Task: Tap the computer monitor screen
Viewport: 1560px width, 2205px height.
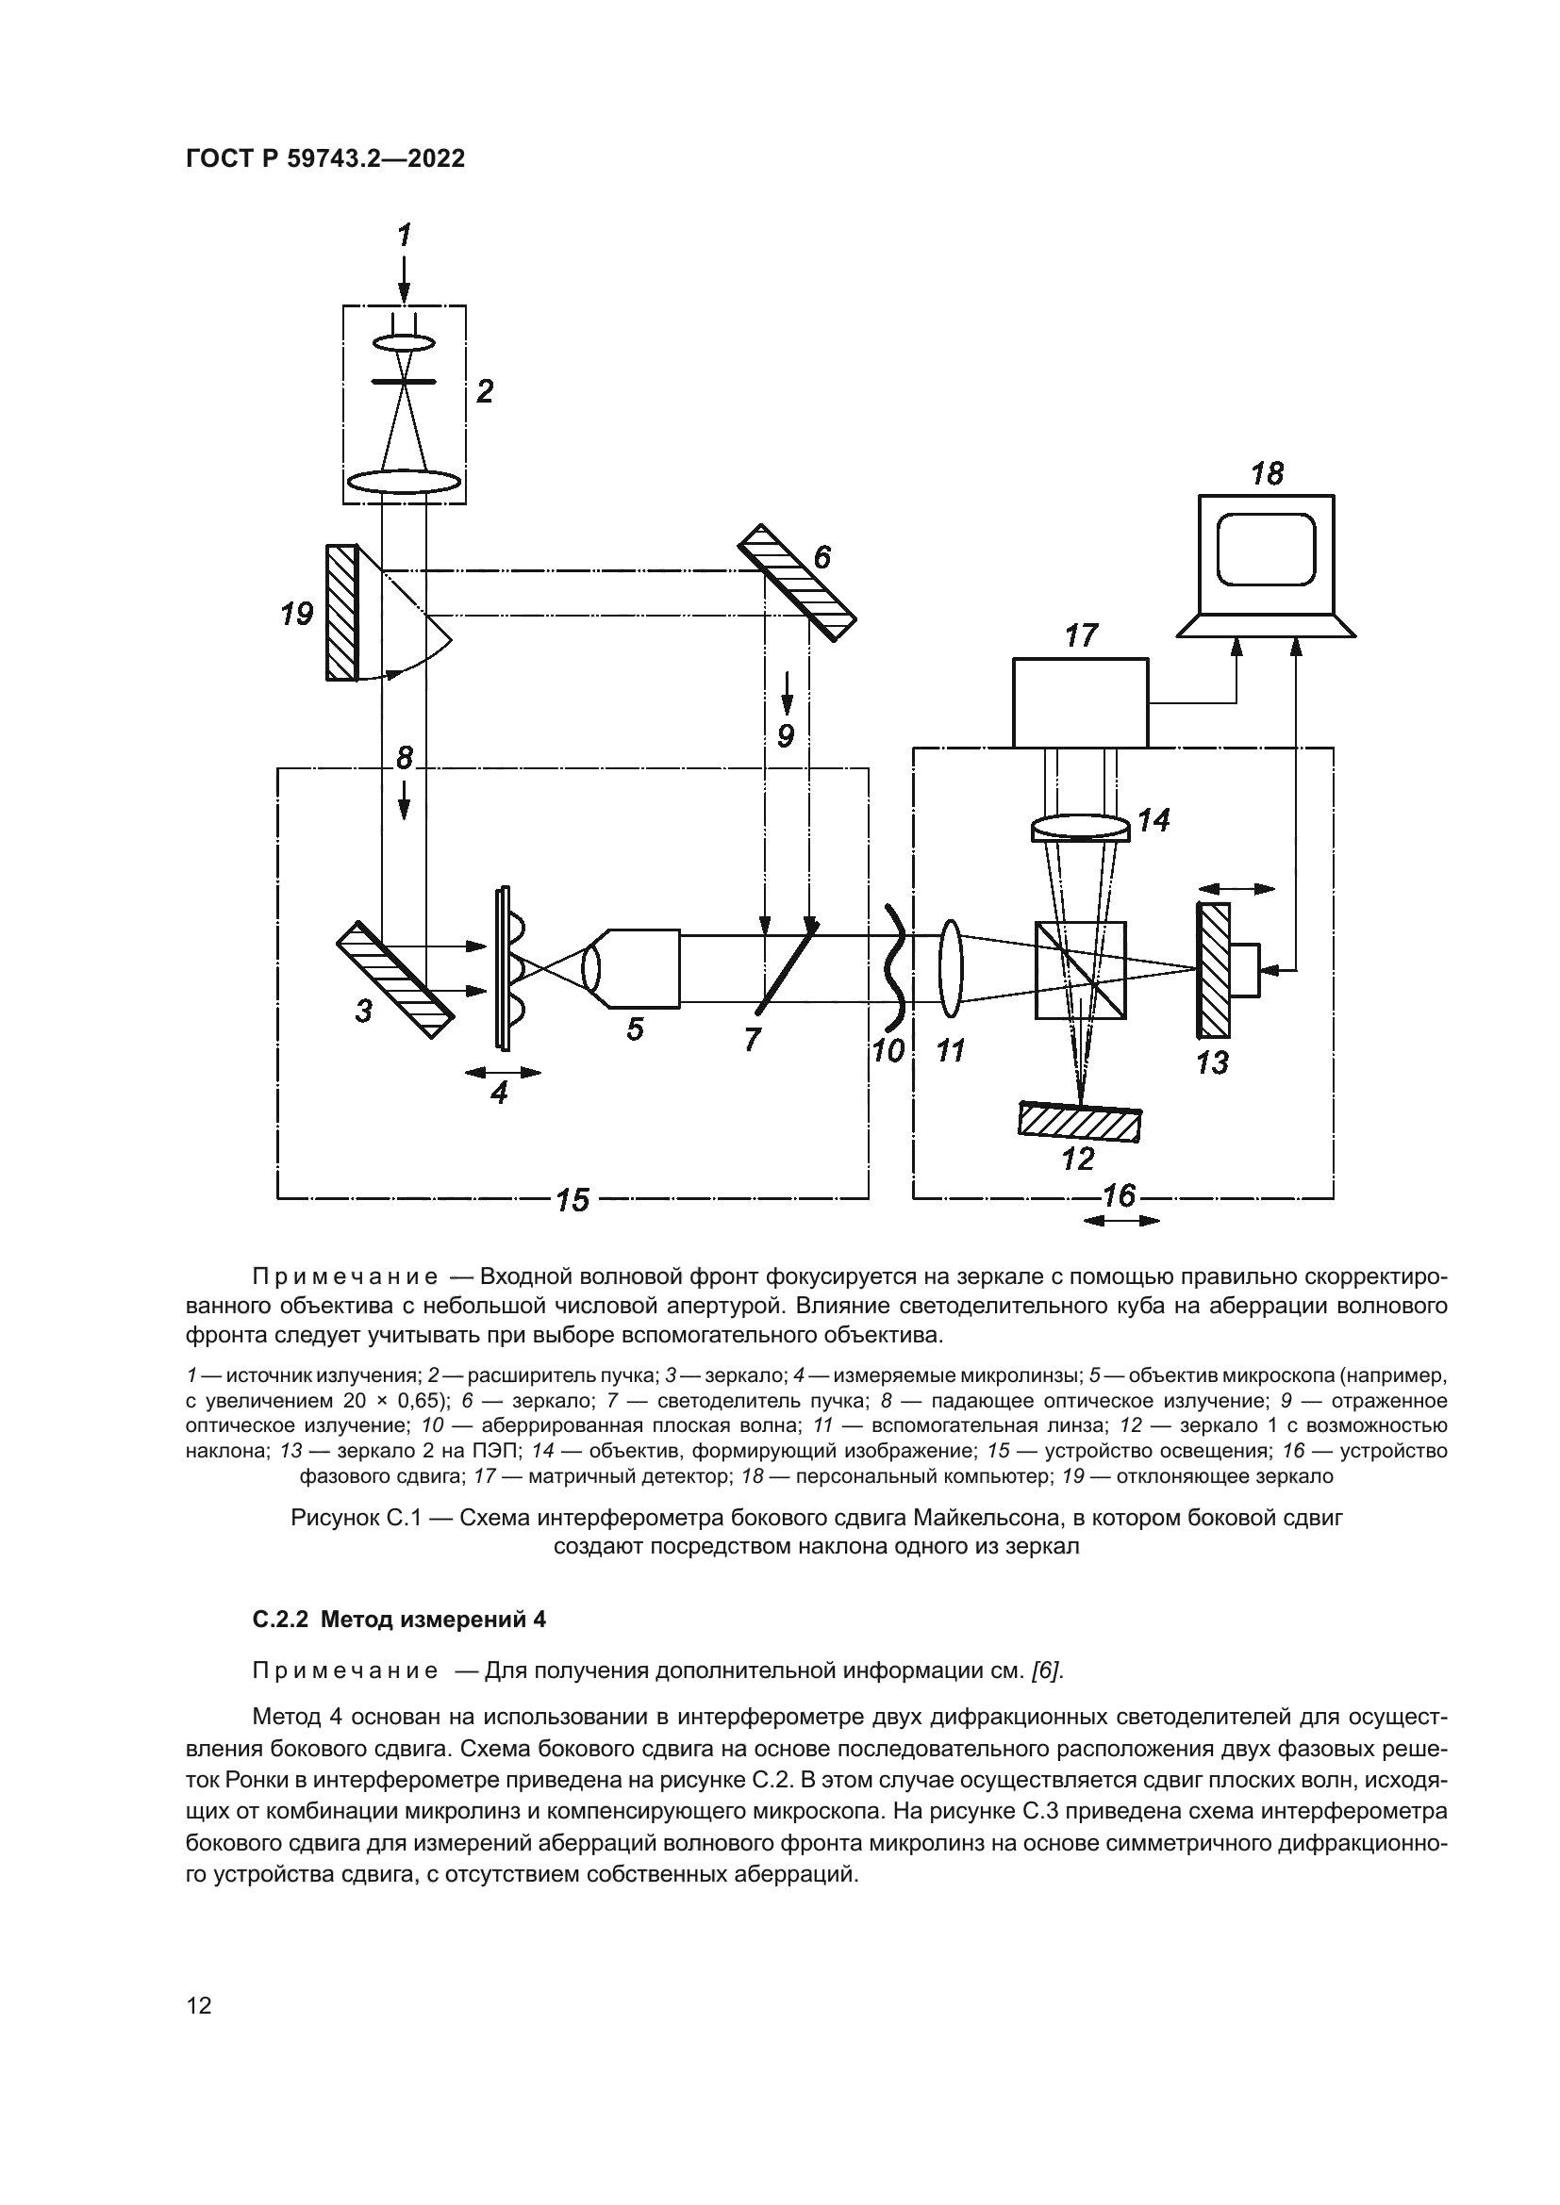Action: point(1266,551)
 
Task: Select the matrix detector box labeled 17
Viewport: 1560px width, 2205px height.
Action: point(1080,702)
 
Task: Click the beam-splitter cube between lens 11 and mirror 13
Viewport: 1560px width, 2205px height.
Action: point(1081,970)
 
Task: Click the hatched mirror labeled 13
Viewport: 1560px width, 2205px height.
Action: point(1213,970)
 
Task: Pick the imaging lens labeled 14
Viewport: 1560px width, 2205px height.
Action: point(1081,829)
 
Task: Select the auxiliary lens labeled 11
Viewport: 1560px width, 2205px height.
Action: point(951,968)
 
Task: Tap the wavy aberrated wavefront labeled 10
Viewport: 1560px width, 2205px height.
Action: point(896,965)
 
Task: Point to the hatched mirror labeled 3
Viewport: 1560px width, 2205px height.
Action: point(394,979)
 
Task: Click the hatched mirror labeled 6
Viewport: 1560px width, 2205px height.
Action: point(795,580)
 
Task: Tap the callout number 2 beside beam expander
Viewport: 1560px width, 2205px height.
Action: point(484,391)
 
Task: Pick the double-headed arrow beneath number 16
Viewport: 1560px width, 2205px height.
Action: point(1121,1221)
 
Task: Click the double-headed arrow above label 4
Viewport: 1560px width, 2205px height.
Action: point(502,1072)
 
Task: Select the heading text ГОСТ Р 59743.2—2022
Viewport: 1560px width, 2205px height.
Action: point(324,158)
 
